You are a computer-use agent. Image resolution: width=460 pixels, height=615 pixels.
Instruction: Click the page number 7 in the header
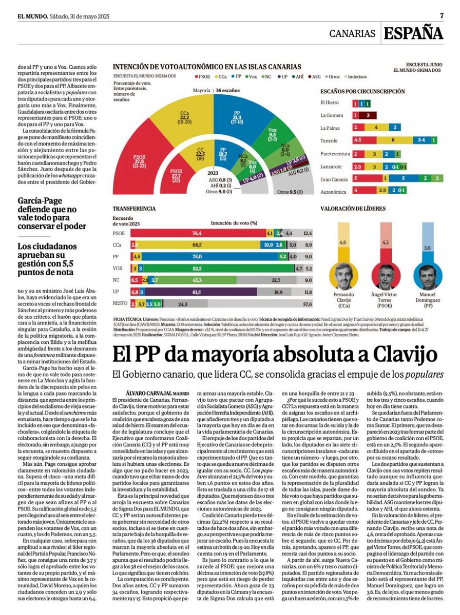pyautogui.click(x=442, y=15)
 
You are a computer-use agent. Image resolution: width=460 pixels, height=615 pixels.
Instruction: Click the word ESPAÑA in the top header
pyautogui.click(x=413, y=33)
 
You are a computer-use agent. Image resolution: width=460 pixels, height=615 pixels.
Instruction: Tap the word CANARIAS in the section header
pyautogui.click(x=352, y=34)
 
